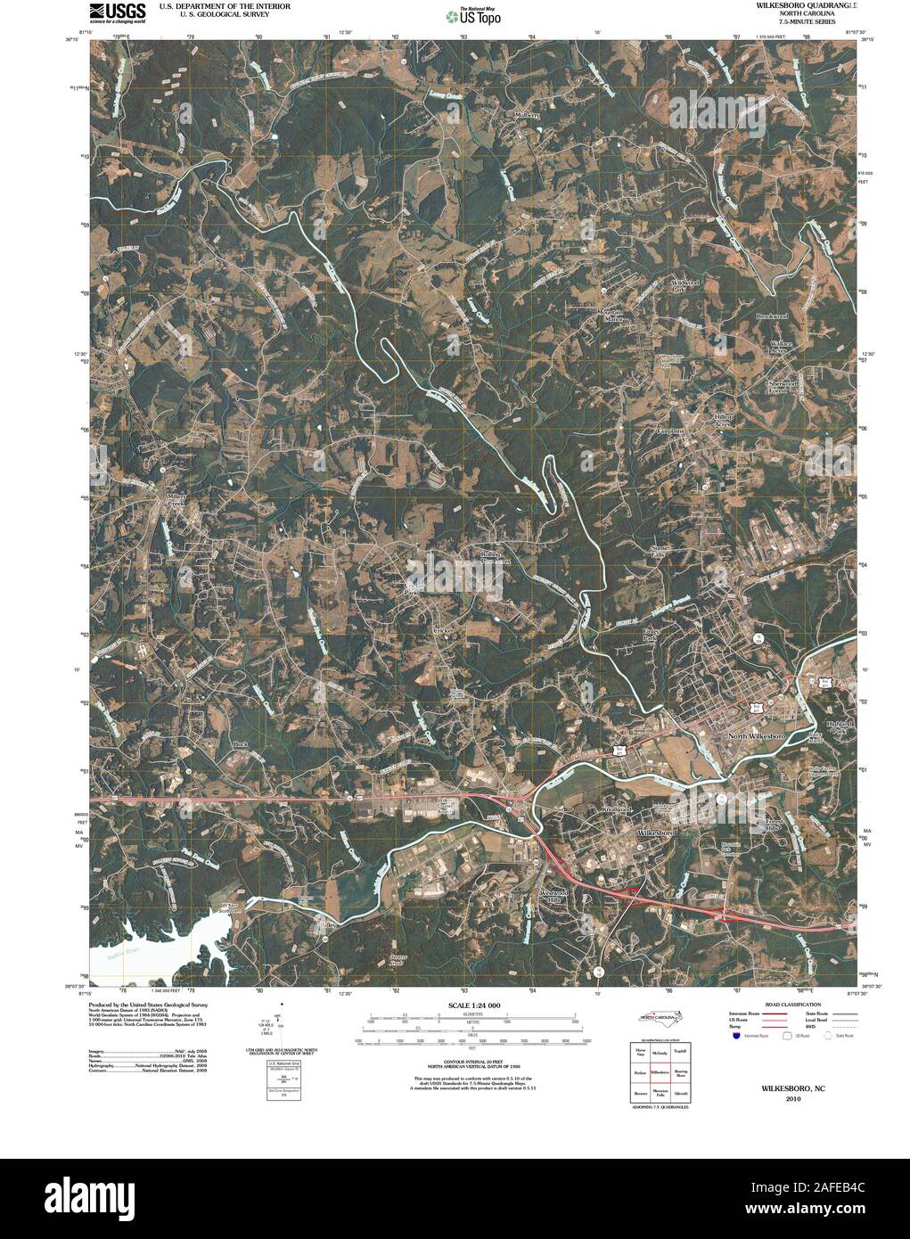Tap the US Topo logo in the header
point(473,15)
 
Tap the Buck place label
point(239,743)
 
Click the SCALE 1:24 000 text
point(467,1006)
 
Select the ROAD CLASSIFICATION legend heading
point(783,1005)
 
